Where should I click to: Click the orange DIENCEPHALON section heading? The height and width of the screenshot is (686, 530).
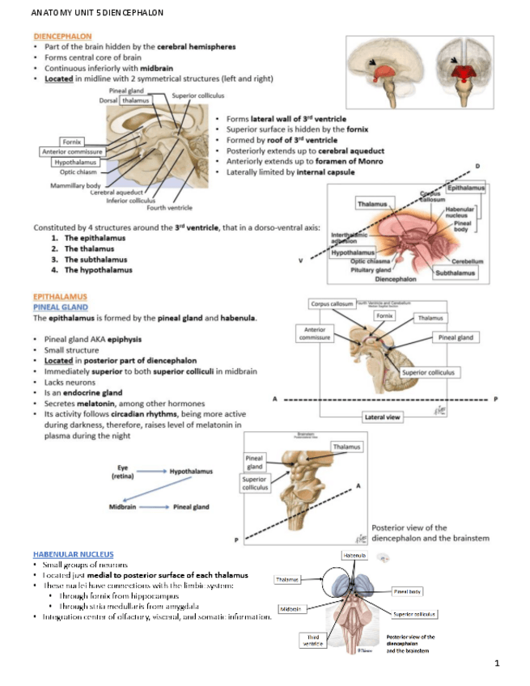coord(62,36)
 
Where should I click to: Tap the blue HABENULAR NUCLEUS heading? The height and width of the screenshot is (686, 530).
coord(73,553)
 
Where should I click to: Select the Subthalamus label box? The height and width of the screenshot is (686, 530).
coord(455,273)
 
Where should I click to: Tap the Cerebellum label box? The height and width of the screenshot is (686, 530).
coord(468,261)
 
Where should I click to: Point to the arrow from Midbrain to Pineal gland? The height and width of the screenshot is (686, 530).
coord(153,507)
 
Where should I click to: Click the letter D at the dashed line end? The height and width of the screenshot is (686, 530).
coord(477,165)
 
